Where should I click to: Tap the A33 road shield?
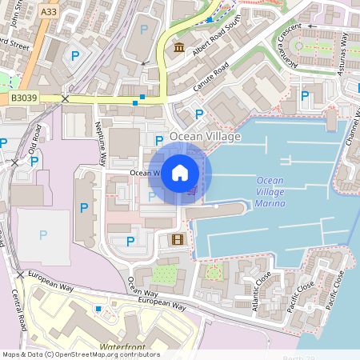(x=49, y=11)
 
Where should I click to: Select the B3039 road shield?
(x=24, y=98)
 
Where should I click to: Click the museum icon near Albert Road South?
(x=179, y=48)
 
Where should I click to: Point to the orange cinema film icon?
(x=177, y=238)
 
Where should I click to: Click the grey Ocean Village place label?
(x=204, y=137)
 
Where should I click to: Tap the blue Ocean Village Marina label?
(x=270, y=193)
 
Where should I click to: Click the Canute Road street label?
(x=211, y=77)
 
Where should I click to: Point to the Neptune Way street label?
(x=101, y=142)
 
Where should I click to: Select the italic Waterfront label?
(x=124, y=347)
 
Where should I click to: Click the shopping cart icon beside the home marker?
(x=193, y=190)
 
